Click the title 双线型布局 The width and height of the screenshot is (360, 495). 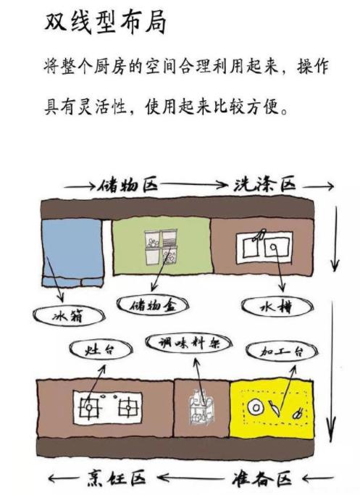click(x=105, y=22)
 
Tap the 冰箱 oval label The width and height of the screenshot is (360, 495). click(x=69, y=315)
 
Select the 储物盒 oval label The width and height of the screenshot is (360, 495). click(x=153, y=304)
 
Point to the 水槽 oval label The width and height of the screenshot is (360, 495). click(x=277, y=307)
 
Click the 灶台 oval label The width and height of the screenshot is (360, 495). click(x=99, y=350)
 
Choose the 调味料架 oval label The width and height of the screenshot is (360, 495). click(x=188, y=343)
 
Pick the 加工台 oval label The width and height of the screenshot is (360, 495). click(x=282, y=351)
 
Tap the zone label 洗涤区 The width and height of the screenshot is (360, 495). click(x=264, y=185)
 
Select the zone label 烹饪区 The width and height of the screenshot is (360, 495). click(x=116, y=478)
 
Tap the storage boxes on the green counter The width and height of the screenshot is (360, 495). click(x=161, y=247)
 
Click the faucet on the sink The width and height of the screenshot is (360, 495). click(x=259, y=236)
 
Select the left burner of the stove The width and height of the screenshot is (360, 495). click(x=90, y=407)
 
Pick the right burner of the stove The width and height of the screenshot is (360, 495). click(x=128, y=407)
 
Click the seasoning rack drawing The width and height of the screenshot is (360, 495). click(x=201, y=407)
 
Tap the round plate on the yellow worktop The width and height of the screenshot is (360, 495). click(x=256, y=408)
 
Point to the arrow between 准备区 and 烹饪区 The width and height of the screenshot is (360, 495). click(x=193, y=478)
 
